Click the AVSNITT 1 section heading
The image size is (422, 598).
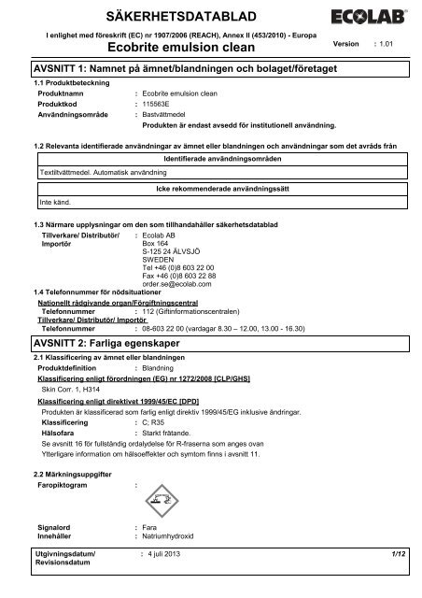coord(185,71)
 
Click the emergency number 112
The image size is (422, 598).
coord(148,284)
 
